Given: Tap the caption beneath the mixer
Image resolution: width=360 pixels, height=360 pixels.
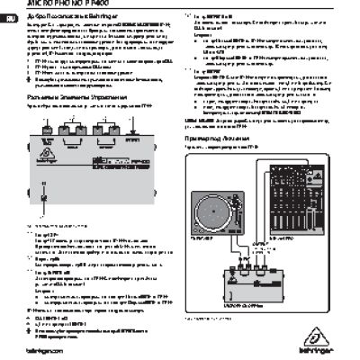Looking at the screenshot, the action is (286, 238).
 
